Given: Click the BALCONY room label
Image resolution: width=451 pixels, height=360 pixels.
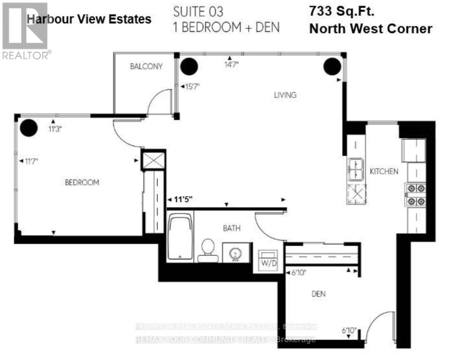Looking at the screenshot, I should coord(146,66).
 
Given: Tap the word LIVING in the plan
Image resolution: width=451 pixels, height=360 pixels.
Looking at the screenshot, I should coord(285,95).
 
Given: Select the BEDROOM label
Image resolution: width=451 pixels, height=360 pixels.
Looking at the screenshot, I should coord(82,182).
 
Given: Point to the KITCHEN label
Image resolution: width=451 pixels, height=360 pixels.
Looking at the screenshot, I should coord(384,171).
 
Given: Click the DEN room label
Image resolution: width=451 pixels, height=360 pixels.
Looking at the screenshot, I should coord(318,294).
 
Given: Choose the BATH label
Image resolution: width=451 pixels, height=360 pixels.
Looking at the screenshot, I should coord(232,228).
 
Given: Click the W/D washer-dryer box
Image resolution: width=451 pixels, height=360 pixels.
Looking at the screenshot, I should coord(268,260).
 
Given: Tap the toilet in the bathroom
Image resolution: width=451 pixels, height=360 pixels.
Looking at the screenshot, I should coord(208,250).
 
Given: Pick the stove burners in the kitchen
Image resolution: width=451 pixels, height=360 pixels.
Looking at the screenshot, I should coord(415,194).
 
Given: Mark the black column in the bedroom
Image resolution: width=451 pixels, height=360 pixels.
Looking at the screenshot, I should coord(29,127).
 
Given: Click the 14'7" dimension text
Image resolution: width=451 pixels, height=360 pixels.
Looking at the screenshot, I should coord(231,65).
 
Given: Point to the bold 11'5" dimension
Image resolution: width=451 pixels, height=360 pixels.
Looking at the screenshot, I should coord(183,199).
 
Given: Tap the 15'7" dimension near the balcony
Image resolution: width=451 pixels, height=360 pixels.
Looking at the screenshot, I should coord(192,87).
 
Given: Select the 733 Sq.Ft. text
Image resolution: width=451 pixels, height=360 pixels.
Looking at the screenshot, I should coord(341,11).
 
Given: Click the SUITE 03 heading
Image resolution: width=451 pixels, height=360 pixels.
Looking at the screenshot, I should coord(198,12).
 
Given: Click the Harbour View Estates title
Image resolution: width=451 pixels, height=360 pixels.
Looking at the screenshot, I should coord(89,19).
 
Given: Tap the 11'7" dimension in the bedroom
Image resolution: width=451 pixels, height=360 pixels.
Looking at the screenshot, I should coord(31,161).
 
